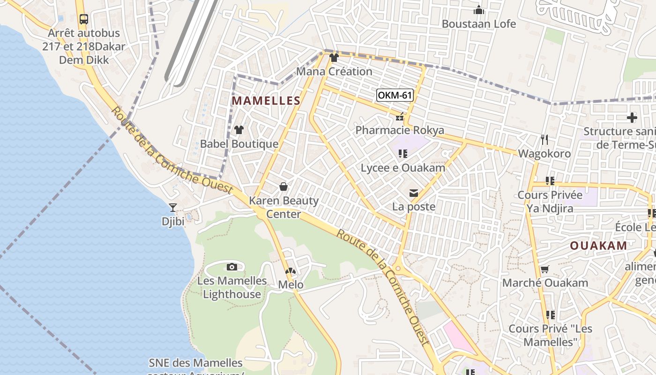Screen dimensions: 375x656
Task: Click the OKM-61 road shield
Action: click(395, 95)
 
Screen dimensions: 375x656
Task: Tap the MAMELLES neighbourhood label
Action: click(266, 100)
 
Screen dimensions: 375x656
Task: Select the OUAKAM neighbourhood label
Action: click(598, 246)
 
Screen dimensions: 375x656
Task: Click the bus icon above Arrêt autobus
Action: click(84, 19)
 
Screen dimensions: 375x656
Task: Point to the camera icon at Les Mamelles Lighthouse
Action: click(231, 267)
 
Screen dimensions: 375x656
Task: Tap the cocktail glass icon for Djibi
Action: click(173, 207)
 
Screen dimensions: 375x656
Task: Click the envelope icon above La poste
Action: click(414, 193)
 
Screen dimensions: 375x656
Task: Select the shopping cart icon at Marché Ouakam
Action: click(544, 270)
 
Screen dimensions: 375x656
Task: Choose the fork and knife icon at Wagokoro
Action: click(544, 139)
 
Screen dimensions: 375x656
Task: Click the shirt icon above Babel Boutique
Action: click(239, 130)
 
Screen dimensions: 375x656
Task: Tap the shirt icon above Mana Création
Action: click(334, 58)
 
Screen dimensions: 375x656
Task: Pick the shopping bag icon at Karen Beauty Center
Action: click(283, 187)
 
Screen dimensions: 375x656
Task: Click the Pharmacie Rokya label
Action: click(400, 130)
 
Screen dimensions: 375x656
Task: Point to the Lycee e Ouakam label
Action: click(403, 167)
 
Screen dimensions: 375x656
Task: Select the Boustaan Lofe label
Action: click(479, 24)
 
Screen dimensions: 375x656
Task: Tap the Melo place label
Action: click(291, 285)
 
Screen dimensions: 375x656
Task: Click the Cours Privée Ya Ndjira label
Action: click(550, 201)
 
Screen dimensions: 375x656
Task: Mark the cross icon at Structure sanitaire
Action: click(632, 117)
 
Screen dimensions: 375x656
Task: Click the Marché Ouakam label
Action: click(545, 283)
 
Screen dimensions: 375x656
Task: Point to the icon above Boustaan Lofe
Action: click(479, 10)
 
